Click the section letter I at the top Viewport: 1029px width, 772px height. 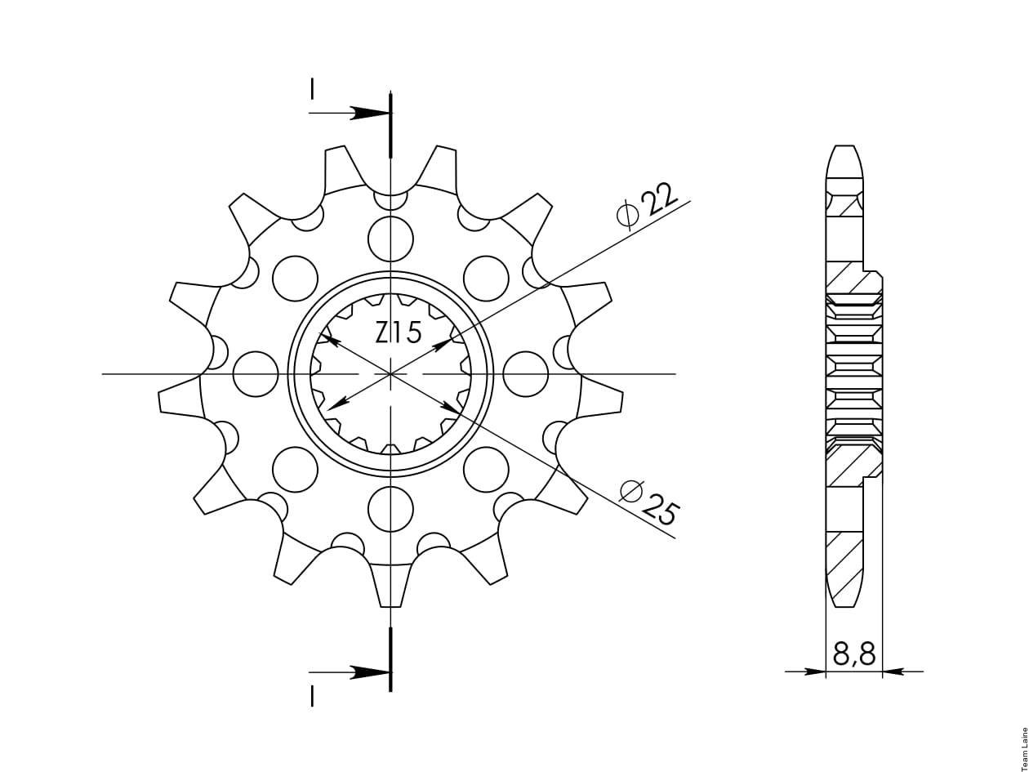click(x=312, y=89)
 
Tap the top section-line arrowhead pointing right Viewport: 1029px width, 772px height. click(x=370, y=113)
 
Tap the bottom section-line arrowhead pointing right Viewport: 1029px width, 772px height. click(x=370, y=672)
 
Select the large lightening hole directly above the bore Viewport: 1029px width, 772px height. click(x=390, y=239)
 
